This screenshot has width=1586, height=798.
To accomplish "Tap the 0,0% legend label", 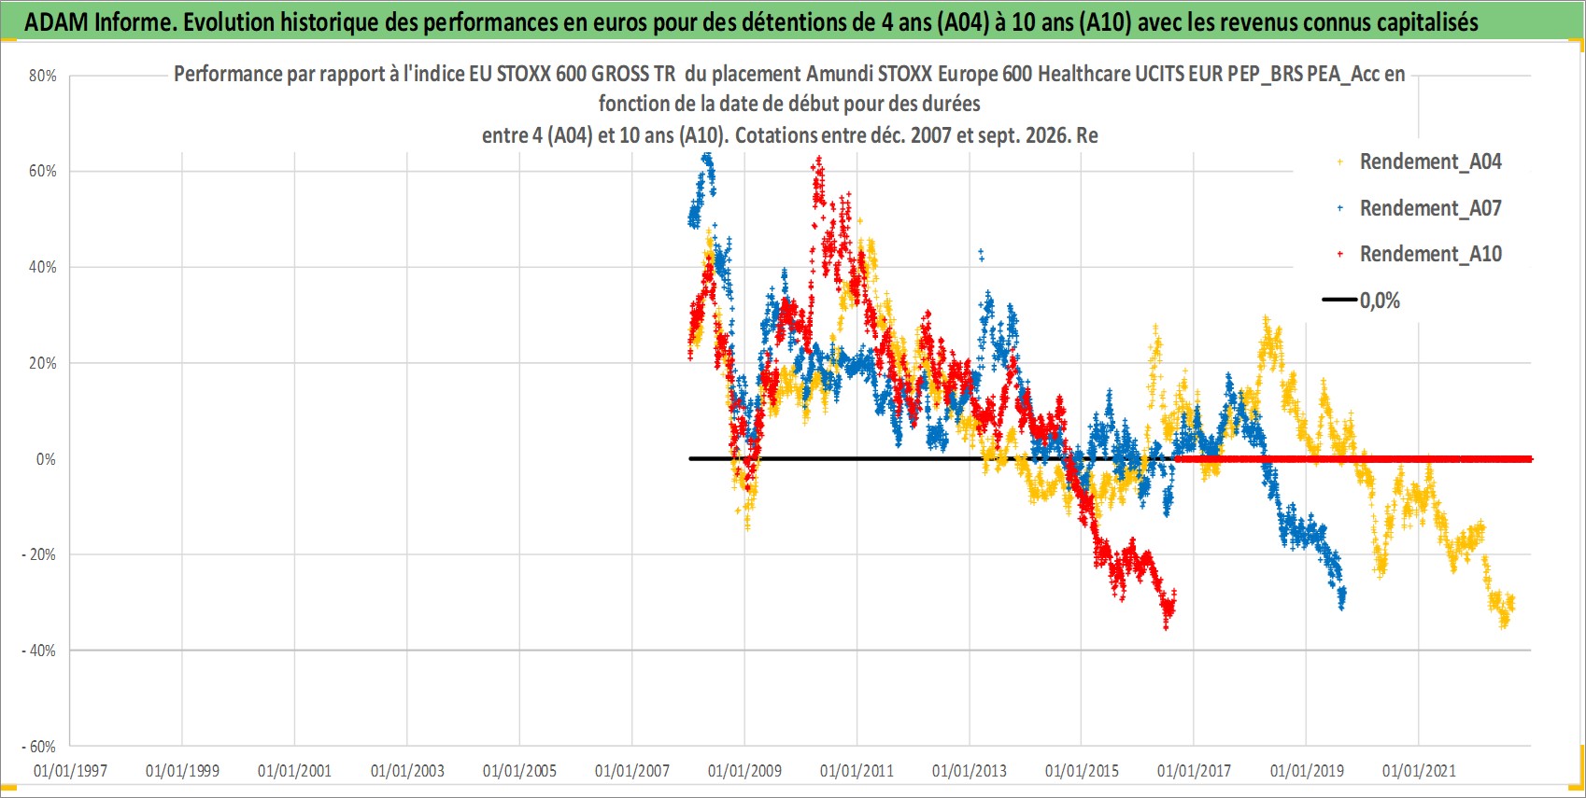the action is (x=1380, y=301).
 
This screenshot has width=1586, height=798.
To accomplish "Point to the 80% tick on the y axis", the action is (x=42, y=76).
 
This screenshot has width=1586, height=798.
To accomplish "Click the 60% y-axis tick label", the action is (x=42, y=171).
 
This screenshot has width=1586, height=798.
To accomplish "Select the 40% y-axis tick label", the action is (x=42, y=268).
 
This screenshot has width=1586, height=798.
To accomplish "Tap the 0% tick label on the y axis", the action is (x=46, y=459).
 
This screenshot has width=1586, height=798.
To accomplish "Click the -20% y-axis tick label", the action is (x=39, y=554).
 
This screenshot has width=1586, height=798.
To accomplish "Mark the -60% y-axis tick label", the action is (x=39, y=747).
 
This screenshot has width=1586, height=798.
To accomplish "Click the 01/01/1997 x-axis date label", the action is (x=70, y=770).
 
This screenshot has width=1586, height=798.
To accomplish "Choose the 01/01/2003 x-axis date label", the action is (x=407, y=770).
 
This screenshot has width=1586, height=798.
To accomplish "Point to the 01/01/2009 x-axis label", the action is (x=744, y=770).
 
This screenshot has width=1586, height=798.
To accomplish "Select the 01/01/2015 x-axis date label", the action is (x=1082, y=770).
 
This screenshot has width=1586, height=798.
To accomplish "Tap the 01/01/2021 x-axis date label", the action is (x=1419, y=770).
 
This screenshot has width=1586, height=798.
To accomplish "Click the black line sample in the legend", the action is (x=1338, y=300).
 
